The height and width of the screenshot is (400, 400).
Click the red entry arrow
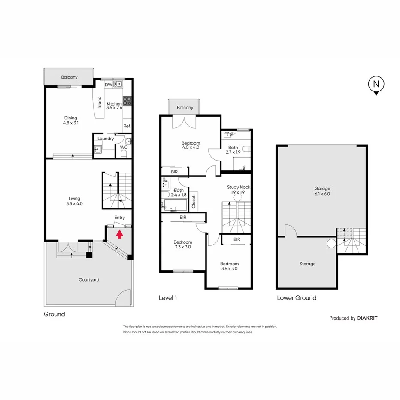120,234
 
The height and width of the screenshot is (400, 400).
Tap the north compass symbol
376,85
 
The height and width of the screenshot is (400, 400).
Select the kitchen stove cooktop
127,101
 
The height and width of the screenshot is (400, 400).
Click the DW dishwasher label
108,85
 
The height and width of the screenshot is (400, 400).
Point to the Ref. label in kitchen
127,126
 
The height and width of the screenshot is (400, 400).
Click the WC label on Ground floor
124,147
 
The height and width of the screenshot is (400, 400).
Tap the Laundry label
106,139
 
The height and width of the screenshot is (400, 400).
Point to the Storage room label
307,264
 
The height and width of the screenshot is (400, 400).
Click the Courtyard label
89,280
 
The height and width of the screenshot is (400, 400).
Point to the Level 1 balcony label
185,108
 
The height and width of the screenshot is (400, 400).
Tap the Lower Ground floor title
297,298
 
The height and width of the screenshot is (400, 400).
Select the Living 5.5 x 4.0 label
75,201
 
